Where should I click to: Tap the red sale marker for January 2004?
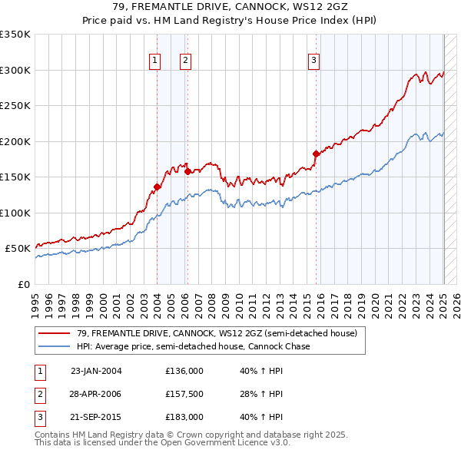click(x=158, y=187)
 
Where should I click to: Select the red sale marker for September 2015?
click(x=316, y=154)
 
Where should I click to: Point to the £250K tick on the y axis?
click(x=15, y=105)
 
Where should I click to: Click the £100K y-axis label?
click(x=15, y=213)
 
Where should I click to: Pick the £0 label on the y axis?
click(x=25, y=284)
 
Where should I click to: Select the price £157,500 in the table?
click(x=184, y=394)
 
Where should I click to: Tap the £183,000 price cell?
click(x=184, y=417)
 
